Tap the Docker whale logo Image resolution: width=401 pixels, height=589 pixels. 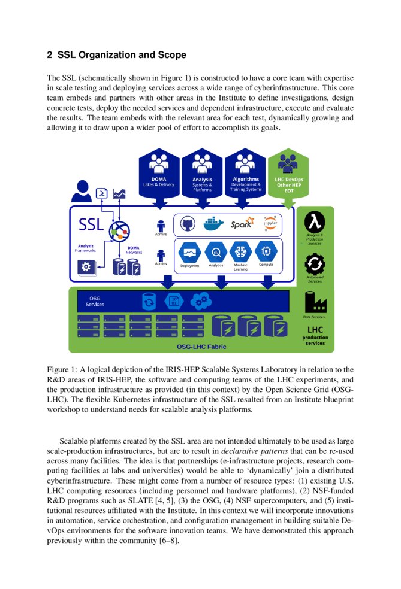click(213, 224)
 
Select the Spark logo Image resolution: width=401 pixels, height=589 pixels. click(242, 224)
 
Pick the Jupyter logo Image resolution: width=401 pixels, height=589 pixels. click(270, 223)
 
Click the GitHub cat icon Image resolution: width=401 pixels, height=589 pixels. click(187, 224)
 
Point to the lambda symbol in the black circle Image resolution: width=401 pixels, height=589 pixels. click(315, 223)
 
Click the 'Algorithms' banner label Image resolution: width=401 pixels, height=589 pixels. click(245, 179)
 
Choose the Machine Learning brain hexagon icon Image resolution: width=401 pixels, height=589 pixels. click(240, 252)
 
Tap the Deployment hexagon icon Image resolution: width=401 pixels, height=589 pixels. click(189, 252)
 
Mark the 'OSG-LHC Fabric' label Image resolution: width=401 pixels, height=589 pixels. click(201, 346)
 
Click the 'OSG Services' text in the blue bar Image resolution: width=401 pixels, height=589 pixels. click(95, 301)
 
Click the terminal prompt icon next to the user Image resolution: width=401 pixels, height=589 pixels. click(102, 193)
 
